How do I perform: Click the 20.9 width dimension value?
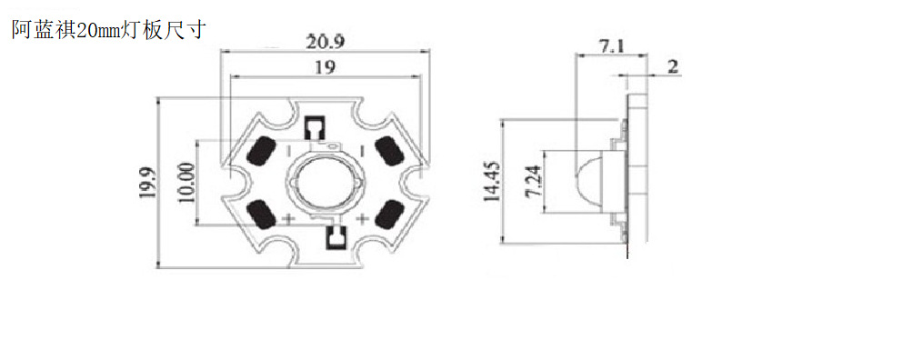click(325, 43)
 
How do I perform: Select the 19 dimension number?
click(325, 67)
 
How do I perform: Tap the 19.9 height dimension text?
click(147, 183)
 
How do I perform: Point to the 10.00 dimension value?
click(186, 183)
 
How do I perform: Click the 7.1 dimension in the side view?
click(612, 47)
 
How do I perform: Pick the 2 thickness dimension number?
click(673, 66)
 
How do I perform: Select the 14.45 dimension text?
click(492, 181)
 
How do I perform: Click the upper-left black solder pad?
click(262, 151)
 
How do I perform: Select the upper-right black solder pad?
click(390, 150)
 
